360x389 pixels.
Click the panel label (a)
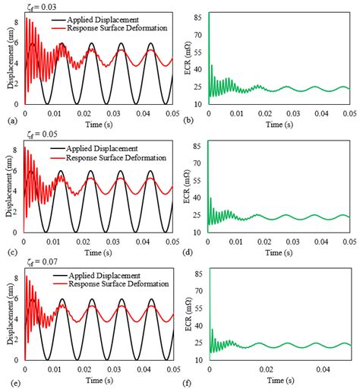[9, 120]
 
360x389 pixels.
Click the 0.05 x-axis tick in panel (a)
[172, 112]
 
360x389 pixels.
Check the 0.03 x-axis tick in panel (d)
[292, 242]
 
